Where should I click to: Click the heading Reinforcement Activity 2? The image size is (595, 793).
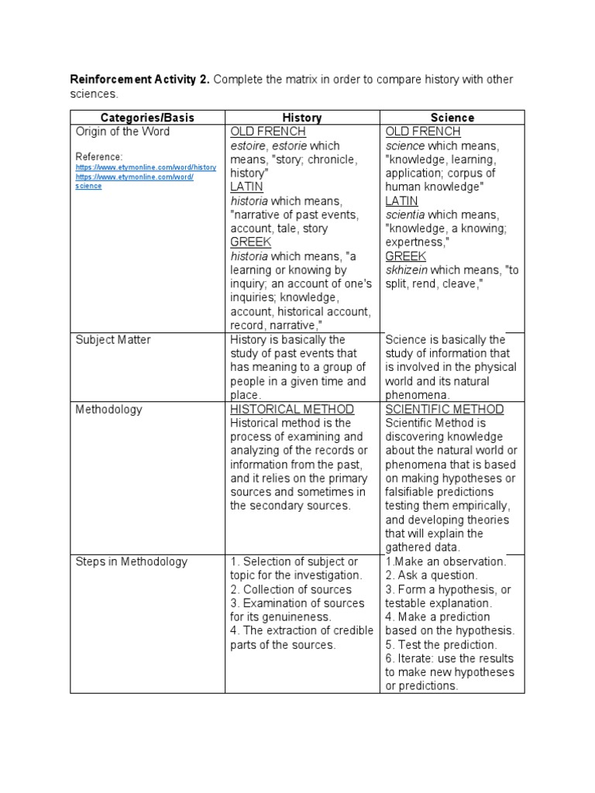[x=140, y=80]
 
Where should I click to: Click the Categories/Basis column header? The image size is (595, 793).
[x=146, y=118]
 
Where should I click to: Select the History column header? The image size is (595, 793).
[x=301, y=118]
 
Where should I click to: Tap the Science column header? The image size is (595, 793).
[x=452, y=118]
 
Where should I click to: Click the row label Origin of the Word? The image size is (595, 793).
[x=122, y=132]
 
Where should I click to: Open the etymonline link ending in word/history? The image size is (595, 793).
[x=146, y=167]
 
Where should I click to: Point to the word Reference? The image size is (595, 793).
[x=99, y=156]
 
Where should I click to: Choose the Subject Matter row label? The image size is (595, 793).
[x=113, y=340]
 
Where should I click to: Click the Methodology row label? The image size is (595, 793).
[x=109, y=410]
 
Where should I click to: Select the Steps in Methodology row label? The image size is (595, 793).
[x=131, y=562]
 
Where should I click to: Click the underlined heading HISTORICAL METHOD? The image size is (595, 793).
[x=292, y=410]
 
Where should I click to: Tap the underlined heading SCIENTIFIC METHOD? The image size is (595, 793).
[x=444, y=410]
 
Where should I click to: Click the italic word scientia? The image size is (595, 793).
[x=405, y=215]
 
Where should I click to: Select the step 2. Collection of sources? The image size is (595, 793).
[x=291, y=590]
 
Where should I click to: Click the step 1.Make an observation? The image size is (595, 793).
[x=445, y=562]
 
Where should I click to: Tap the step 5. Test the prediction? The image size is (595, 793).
[x=441, y=645]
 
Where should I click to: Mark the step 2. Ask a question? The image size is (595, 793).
[x=432, y=576]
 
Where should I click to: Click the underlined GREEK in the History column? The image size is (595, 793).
[x=250, y=242]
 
